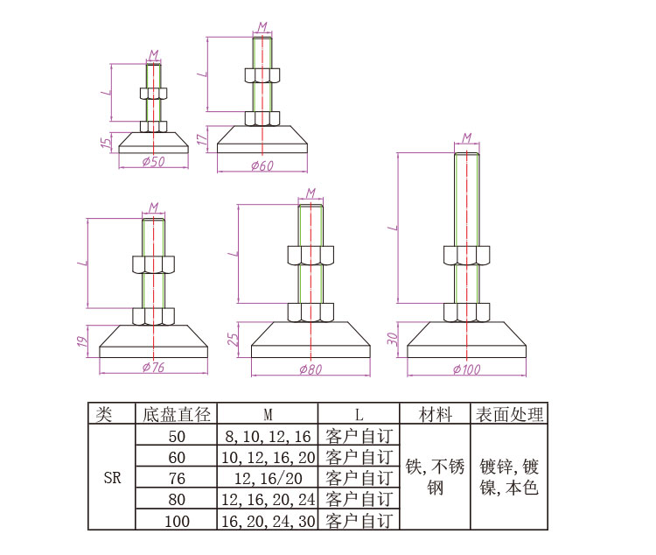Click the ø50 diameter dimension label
click(153, 162)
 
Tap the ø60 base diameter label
click(262, 165)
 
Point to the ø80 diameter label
click(310, 369)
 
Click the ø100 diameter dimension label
click(467, 369)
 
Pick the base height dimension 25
click(234, 339)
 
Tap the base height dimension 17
click(201, 138)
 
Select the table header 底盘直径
click(176, 414)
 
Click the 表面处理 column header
click(508, 414)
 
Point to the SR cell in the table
click(112, 478)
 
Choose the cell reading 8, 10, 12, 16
click(267, 436)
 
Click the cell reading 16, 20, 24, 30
click(267, 520)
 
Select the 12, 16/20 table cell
click(267, 478)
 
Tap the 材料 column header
click(436, 414)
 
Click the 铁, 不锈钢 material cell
click(436, 477)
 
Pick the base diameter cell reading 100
click(176, 520)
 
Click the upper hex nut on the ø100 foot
click(467, 256)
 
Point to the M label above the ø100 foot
click(467, 137)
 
